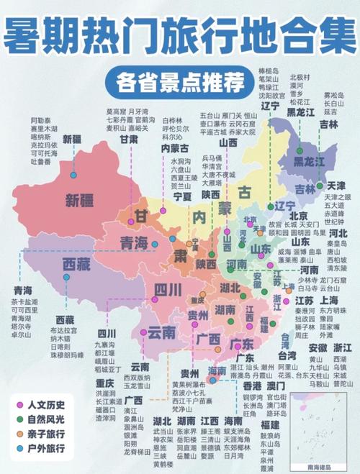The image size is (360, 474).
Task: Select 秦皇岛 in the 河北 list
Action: point(336,243)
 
